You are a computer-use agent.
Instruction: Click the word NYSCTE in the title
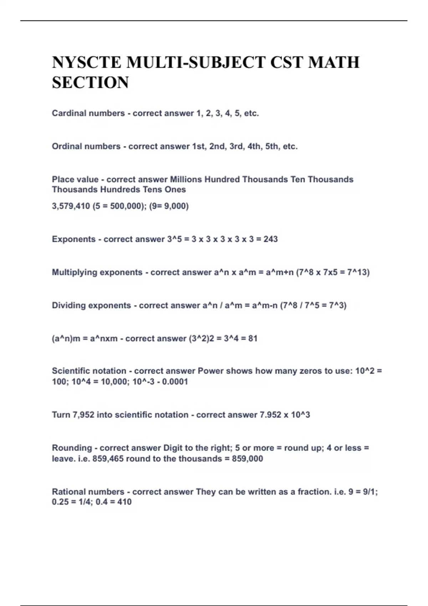coord(87,62)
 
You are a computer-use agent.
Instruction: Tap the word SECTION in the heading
coord(90,83)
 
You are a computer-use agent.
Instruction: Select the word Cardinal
coord(68,113)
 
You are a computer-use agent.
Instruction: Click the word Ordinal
coord(66,147)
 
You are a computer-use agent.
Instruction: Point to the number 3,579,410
coord(71,206)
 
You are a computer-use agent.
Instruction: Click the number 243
coord(270,239)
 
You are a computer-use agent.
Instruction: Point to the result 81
coord(253,338)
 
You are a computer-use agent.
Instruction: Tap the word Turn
coord(61,415)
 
